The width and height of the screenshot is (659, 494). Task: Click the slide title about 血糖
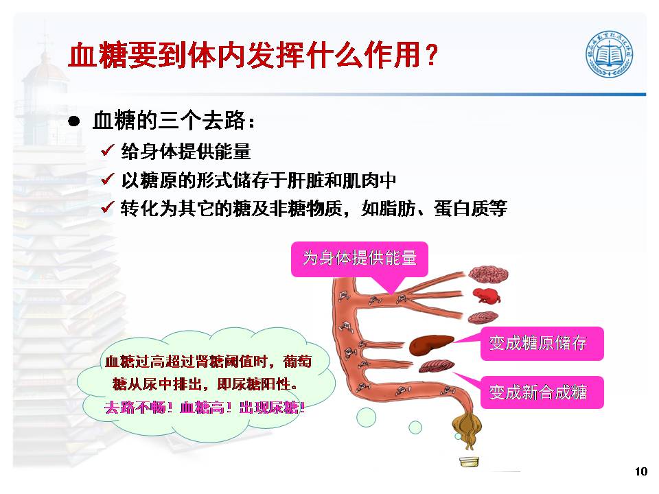(x=253, y=55)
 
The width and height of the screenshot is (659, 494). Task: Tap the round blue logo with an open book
(x=610, y=54)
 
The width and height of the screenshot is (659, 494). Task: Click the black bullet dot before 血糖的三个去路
(x=74, y=121)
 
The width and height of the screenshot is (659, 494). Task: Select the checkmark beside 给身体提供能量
(x=108, y=150)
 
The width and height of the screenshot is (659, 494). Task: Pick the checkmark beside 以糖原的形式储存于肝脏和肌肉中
(x=108, y=179)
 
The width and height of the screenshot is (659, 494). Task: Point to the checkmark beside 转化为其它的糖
(x=108, y=207)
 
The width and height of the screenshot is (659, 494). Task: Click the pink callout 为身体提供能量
(x=360, y=259)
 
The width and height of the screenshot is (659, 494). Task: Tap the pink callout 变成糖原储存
(x=542, y=344)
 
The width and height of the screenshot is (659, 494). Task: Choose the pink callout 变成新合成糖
(x=542, y=392)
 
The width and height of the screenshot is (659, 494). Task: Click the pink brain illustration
(x=488, y=274)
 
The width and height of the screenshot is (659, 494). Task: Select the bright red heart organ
(x=486, y=295)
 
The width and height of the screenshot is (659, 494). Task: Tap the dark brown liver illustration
(x=431, y=344)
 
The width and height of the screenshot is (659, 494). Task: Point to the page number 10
(x=641, y=471)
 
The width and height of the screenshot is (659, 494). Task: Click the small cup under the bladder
(x=469, y=462)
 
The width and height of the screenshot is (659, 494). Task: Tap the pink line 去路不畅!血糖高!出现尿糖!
(x=205, y=408)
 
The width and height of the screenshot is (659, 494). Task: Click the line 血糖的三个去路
(x=174, y=121)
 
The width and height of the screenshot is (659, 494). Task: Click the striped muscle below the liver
(x=436, y=366)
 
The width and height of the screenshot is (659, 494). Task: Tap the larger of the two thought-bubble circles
(x=366, y=417)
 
